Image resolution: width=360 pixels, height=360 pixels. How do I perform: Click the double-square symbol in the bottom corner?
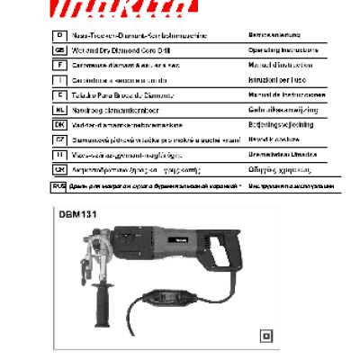265,337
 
